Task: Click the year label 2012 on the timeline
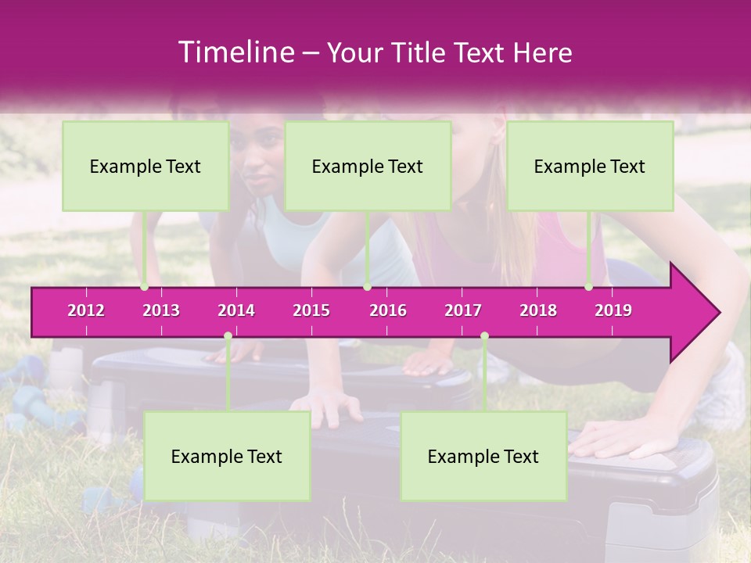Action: point(86,310)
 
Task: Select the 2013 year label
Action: point(161,310)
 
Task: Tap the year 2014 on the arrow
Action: point(236,310)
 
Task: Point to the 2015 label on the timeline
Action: point(311,310)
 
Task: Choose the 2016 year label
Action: point(388,310)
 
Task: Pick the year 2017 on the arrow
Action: point(463,310)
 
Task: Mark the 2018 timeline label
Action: point(538,310)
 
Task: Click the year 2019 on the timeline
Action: point(613,310)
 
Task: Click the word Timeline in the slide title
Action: point(235,52)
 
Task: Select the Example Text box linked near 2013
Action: point(146,167)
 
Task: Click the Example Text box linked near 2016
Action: point(368,167)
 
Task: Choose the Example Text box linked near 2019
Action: point(590,167)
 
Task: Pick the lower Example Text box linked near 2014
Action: point(227,457)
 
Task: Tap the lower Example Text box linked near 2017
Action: point(483,457)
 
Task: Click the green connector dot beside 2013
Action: point(144,287)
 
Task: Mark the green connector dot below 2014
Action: point(228,336)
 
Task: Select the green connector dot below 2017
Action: point(484,336)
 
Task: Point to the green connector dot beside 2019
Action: point(588,287)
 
